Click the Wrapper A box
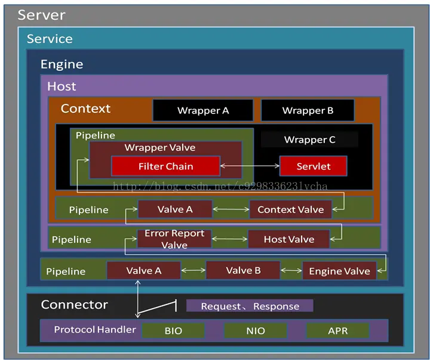click(203, 110)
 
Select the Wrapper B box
click(308, 110)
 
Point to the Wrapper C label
click(309, 140)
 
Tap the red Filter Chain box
click(165, 166)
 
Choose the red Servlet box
click(313, 166)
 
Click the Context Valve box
click(290, 210)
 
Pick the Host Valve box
click(288, 239)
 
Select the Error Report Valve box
click(174, 239)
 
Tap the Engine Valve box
click(339, 271)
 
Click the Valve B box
click(243, 270)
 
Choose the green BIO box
click(173, 331)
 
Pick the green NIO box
click(255, 331)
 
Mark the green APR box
click(337, 331)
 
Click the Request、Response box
click(250, 306)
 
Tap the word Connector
click(74, 305)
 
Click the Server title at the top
click(41, 15)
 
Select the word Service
click(50, 39)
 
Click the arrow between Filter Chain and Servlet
click(250, 166)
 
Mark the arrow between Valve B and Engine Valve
click(291, 271)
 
